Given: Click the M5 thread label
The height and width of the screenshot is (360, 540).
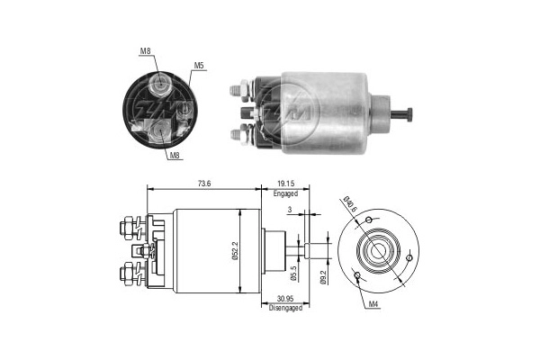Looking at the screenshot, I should tap(198, 65).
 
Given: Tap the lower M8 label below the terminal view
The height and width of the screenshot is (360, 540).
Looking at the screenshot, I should tap(176, 155).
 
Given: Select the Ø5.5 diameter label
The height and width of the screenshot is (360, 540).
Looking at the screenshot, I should tap(294, 267).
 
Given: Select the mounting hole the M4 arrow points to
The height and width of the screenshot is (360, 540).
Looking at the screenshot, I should tap(358, 275).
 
